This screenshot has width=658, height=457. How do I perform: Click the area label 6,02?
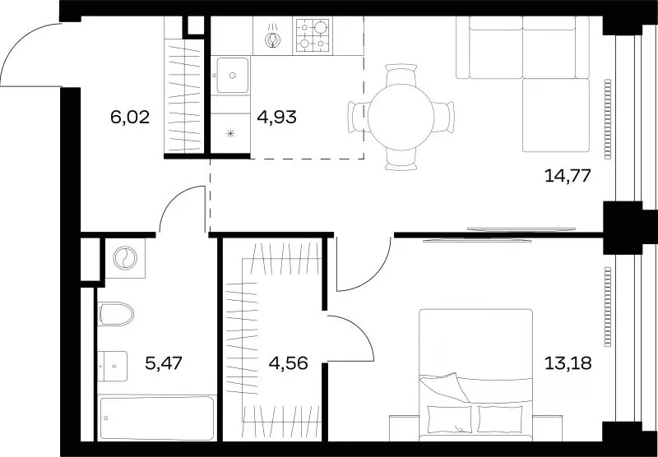click(x=130, y=118)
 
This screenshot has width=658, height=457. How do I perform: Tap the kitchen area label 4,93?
click(x=277, y=118)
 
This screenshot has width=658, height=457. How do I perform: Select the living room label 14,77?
click(x=568, y=175)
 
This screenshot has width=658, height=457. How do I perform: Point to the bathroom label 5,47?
click(x=164, y=363)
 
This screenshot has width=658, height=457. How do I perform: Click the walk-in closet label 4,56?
click(x=289, y=363)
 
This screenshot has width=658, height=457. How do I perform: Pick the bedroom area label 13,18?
click(x=568, y=363)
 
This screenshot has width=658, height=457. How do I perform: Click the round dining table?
click(x=401, y=118)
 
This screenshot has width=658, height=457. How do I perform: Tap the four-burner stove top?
click(x=313, y=35)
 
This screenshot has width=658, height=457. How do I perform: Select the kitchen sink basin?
click(x=233, y=76)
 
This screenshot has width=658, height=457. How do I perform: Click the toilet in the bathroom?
click(x=116, y=314)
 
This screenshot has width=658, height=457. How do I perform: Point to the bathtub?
click(x=157, y=418)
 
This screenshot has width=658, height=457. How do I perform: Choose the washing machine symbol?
click(x=125, y=258)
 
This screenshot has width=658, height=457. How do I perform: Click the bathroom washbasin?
click(x=113, y=366)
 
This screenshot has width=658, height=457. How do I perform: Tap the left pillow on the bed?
click(x=449, y=419)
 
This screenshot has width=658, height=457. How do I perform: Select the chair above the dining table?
click(x=401, y=75)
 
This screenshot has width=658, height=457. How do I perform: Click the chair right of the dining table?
click(x=444, y=118)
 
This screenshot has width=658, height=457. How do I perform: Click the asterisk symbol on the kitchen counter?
click(x=230, y=134)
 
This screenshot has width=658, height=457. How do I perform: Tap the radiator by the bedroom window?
click(x=608, y=307)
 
